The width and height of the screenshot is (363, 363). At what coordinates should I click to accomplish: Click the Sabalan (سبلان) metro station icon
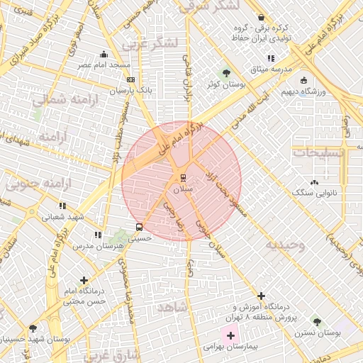tap(182, 177)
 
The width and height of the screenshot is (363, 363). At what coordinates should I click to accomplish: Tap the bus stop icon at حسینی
tap(138, 228)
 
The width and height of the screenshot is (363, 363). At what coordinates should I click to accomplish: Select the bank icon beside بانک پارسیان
tap(130, 79)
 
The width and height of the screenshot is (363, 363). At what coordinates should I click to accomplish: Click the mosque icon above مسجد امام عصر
tap(104, 54)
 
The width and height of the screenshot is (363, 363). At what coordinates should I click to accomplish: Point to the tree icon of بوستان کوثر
tap(226, 72)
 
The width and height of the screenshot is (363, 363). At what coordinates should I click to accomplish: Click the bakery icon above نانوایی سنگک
tap(314, 182)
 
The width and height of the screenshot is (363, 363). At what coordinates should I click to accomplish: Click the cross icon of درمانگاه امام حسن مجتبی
tap(85, 281)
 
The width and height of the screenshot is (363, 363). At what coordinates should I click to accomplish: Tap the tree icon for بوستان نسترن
tap(317, 322)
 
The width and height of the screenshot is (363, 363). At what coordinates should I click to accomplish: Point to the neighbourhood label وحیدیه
tap(285, 245)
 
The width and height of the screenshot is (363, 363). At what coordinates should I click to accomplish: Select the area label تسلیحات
tap(319, 152)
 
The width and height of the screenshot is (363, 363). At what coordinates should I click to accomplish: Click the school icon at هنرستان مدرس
tap(98, 234)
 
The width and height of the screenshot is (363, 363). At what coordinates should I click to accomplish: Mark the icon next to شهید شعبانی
tap(62, 206)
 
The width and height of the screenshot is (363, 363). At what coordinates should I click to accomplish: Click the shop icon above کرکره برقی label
tap(262, 17)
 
